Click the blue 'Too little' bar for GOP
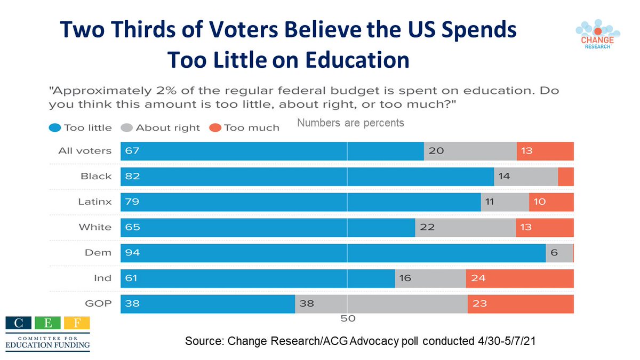(208, 304)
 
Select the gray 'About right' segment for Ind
(430, 278)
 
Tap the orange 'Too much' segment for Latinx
(551, 202)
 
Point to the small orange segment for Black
(566, 177)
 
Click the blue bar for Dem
(333, 253)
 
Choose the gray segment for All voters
(470, 151)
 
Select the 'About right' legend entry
(161, 127)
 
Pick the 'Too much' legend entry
(244, 127)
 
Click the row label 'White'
(95, 227)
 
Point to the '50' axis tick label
(347, 319)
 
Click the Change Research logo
(594, 35)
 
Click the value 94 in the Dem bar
(132, 253)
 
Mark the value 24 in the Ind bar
(477, 278)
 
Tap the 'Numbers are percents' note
(350, 123)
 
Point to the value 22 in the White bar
(427, 227)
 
